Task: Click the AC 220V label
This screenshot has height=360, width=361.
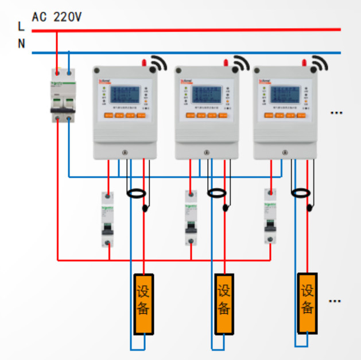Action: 57,17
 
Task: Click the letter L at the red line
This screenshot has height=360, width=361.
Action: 21,26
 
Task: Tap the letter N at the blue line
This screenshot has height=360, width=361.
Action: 21,44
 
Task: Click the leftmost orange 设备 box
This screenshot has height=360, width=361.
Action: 143,304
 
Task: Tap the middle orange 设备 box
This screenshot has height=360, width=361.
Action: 224,304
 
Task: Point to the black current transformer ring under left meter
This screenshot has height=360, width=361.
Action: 137,194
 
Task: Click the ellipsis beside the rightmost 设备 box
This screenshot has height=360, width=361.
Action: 335,300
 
